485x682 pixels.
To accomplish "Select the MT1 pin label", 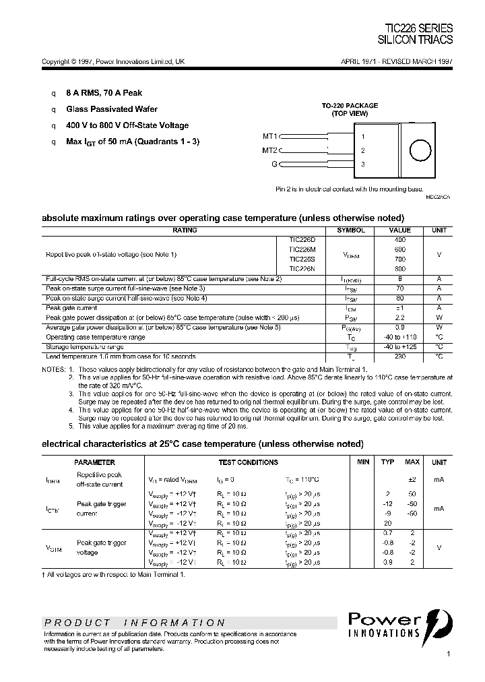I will pyautogui.click(x=269, y=135).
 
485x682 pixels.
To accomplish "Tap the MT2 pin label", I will pyautogui.click(x=269, y=150).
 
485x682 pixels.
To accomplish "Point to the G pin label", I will pyautogui.click(x=273, y=164).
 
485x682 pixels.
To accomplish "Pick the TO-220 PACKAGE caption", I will pyautogui.click(x=349, y=106).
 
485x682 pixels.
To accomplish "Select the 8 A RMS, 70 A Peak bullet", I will pyautogui.click(x=104, y=93).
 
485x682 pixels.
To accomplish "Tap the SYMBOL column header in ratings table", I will pyautogui.click(x=350, y=230).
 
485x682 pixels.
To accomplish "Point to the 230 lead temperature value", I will pyautogui.click(x=400, y=356).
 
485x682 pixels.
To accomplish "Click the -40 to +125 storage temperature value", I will pyautogui.click(x=400, y=346).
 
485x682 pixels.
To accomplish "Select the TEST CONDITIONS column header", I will pyautogui.click(x=248, y=462).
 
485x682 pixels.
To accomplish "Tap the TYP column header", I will pyautogui.click(x=388, y=462).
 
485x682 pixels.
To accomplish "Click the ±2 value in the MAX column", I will pyautogui.click(x=412, y=479).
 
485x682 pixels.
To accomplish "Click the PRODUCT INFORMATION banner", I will pyautogui.click(x=135, y=623).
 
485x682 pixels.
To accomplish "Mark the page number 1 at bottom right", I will pyautogui.click(x=449, y=654).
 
